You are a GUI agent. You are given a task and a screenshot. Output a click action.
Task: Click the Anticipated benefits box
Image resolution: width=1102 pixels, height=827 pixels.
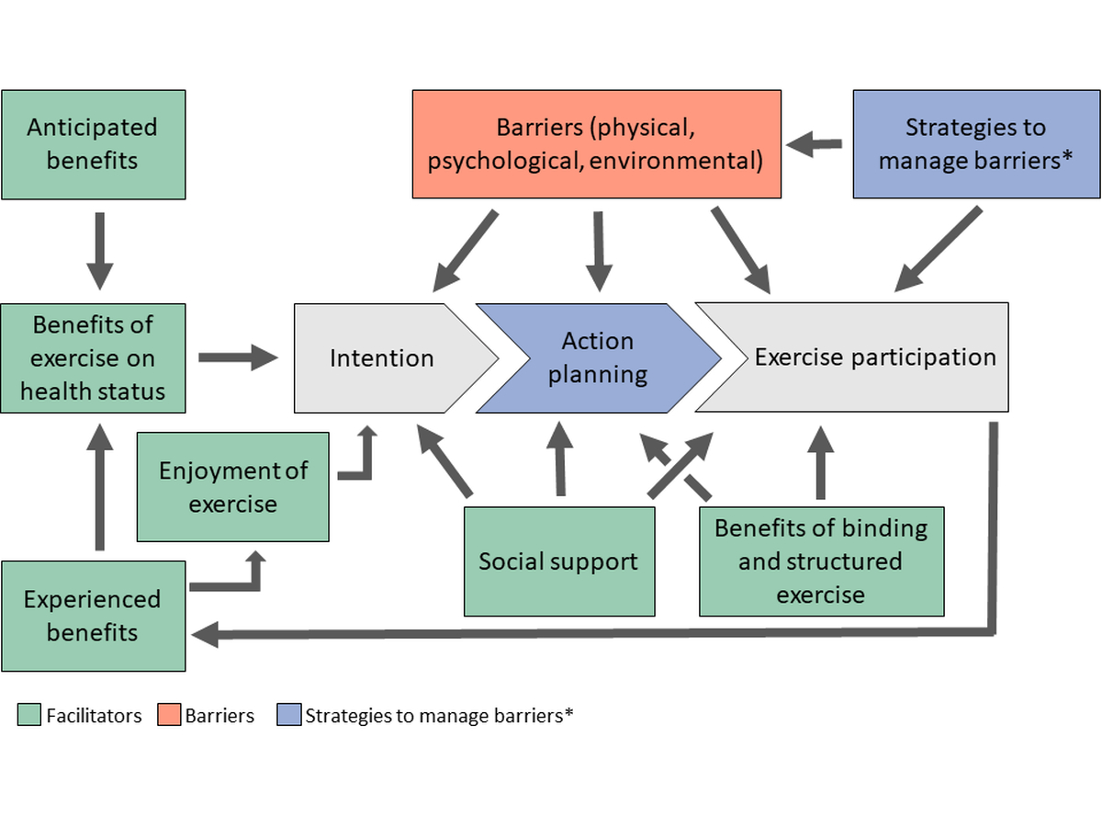[93, 144]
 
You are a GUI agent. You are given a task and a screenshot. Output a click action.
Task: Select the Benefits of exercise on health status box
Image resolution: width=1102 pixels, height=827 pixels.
[93, 358]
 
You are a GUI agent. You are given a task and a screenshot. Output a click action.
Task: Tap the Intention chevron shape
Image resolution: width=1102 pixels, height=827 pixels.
[382, 358]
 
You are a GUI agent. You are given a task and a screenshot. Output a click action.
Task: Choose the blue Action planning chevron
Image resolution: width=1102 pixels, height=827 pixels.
[598, 358]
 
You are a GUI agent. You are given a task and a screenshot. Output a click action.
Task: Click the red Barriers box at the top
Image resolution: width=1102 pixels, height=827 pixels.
[596, 144]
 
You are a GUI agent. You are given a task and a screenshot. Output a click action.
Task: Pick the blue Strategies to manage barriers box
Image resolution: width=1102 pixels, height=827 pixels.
[976, 144]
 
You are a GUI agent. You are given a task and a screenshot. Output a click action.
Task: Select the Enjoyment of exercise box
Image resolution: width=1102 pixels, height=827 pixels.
[232, 487]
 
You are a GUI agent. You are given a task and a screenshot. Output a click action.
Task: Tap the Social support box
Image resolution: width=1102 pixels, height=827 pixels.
[558, 561]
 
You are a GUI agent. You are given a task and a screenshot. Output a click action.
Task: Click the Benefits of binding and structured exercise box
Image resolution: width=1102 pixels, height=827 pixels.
[821, 561]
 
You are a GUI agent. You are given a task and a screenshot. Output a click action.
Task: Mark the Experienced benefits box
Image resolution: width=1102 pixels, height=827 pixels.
[93, 616]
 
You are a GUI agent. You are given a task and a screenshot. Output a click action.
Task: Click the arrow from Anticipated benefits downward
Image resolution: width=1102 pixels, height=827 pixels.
[99, 250]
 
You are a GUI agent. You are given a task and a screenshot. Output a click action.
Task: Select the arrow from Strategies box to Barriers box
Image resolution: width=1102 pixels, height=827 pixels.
[816, 143]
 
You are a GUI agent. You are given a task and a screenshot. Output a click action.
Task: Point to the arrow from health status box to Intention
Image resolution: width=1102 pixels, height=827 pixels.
[238, 357]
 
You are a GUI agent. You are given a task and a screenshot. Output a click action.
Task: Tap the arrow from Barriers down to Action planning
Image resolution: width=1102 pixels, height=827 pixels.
[599, 250]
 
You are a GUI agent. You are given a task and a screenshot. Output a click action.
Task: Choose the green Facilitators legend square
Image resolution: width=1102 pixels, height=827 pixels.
[28, 715]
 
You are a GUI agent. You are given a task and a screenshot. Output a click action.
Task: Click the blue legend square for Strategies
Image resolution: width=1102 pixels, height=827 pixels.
[288, 715]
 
